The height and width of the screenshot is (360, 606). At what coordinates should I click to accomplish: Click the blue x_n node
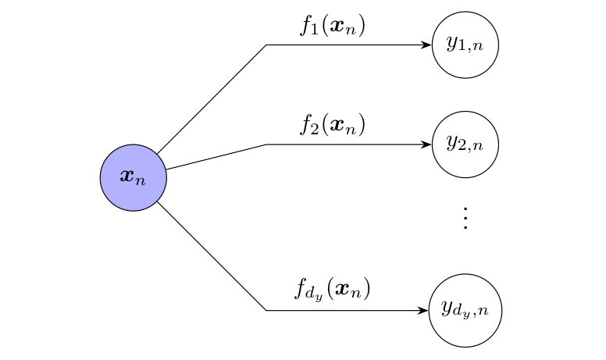134,178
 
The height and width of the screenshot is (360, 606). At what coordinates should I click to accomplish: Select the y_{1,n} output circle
465,45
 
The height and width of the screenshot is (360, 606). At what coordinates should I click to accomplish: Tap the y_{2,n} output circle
465,144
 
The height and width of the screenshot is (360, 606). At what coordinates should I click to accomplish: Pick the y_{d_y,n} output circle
465,311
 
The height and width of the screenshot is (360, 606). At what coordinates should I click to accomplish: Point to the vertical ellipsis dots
465,219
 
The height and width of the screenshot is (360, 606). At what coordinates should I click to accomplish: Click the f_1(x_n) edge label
333,26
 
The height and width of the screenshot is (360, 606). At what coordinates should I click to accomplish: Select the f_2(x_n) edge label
333,125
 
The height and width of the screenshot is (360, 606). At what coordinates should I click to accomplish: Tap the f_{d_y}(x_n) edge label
332,290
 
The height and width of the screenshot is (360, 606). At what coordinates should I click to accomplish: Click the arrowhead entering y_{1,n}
427,45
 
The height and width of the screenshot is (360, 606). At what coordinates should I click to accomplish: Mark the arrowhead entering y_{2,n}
427,144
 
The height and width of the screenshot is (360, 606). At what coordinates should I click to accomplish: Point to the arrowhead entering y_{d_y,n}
425,311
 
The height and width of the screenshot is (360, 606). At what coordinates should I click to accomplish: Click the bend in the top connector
266,45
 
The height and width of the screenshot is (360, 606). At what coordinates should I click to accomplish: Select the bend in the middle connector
266,144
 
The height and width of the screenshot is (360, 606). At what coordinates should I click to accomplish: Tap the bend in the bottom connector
266,311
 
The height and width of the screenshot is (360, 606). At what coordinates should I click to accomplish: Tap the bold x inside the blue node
128,176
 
